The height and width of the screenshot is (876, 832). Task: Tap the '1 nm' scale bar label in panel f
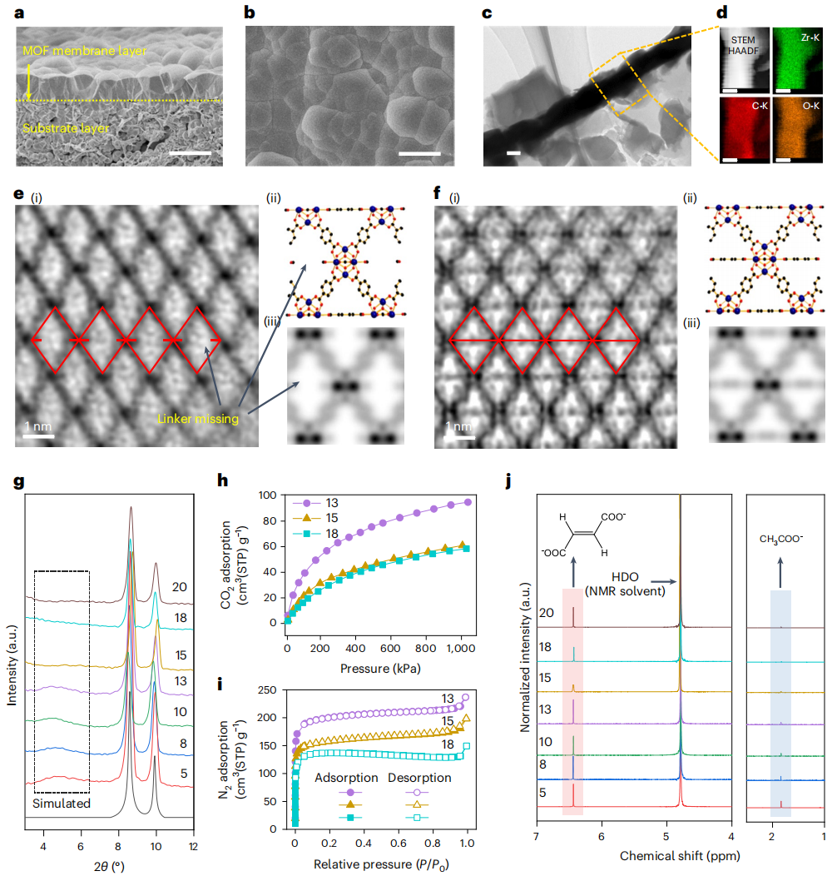click(x=459, y=427)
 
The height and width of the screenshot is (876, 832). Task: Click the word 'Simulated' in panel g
click(x=61, y=804)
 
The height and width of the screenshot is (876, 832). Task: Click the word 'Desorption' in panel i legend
click(x=419, y=778)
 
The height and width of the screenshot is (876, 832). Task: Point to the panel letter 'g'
click(x=18, y=481)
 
